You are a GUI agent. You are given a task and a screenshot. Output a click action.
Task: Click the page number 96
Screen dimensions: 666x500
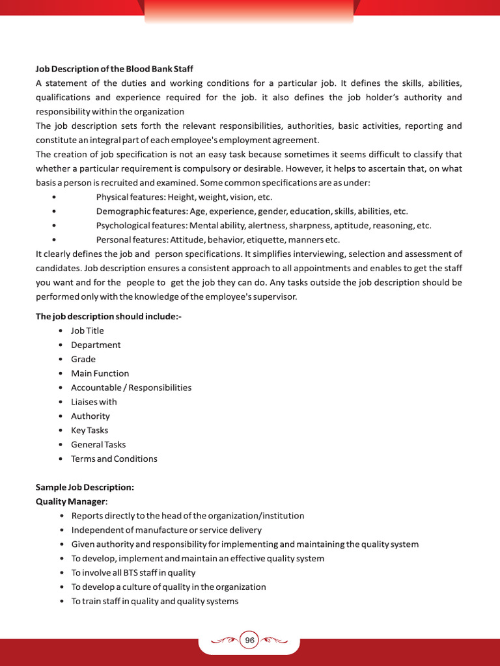click(x=249, y=640)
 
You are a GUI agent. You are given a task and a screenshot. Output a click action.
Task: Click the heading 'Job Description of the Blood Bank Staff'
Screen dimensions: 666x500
click(x=114, y=69)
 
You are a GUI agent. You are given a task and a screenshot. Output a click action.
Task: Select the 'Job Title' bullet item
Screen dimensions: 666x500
click(x=87, y=330)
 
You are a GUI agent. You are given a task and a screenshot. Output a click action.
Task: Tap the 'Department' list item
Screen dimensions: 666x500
click(x=96, y=345)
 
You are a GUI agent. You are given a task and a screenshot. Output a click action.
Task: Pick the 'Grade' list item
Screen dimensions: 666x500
click(x=83, y=359)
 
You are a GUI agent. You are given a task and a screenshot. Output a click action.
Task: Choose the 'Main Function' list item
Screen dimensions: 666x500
click(x=100, y=373)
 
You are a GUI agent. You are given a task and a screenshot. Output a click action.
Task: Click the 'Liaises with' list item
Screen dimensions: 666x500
click(x=94, y=402)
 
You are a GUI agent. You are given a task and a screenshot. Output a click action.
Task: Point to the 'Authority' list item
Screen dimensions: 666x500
click(x=90, y=416)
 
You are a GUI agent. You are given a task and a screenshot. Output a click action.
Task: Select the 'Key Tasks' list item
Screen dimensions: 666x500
click(x=90, y=431)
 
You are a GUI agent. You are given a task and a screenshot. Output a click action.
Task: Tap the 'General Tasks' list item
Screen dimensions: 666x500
click(x=98, y=445)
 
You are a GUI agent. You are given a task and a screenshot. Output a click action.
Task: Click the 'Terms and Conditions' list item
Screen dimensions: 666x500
click(x=114, y=459)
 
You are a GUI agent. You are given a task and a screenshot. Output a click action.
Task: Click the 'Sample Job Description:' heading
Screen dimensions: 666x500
click(x=85, y=487)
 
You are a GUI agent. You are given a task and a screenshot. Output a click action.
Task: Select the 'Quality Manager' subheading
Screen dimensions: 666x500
click(x=70, y=501)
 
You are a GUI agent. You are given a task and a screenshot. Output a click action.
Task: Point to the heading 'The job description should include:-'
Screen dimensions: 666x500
click(x=109, y=317)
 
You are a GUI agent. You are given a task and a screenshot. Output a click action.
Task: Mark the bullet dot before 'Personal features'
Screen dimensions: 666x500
click(x=53, y=240)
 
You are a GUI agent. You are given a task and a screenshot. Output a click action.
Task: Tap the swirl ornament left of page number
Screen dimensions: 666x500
click(x=225, y=640)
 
